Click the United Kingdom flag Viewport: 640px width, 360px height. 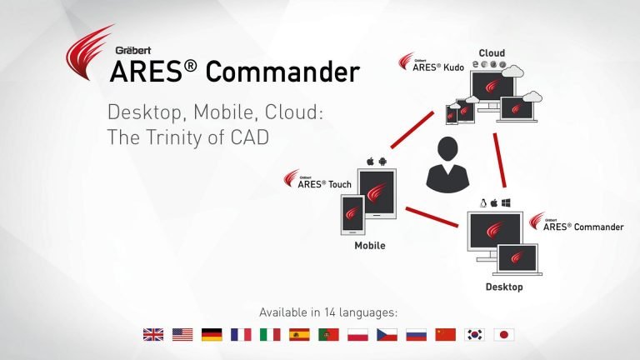coord(153,335)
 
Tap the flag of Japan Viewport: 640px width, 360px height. coord(504,335)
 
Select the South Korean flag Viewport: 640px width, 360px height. coord(475,335)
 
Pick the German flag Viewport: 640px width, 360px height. coord(212,335)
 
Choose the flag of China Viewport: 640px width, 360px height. coord(445,335)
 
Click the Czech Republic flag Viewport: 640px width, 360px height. coord(387,335)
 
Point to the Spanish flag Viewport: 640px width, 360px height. coord(299,335)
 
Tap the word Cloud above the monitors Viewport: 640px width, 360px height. coord(492,53)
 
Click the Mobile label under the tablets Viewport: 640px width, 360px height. coord(370,245)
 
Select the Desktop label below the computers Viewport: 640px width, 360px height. coord(504,287)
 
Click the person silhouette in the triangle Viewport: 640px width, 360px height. coord(447,164)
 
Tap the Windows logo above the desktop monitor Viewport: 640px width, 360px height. coord(506,202)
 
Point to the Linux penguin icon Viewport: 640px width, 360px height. coord(483,202)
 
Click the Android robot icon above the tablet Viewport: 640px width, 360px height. coord(382,162)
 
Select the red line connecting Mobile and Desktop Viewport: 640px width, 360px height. coord(432,217)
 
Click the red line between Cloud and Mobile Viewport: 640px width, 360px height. coord(412,130)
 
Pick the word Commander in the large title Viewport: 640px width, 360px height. coord(282,72)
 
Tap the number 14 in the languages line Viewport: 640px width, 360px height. coord(330,312)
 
